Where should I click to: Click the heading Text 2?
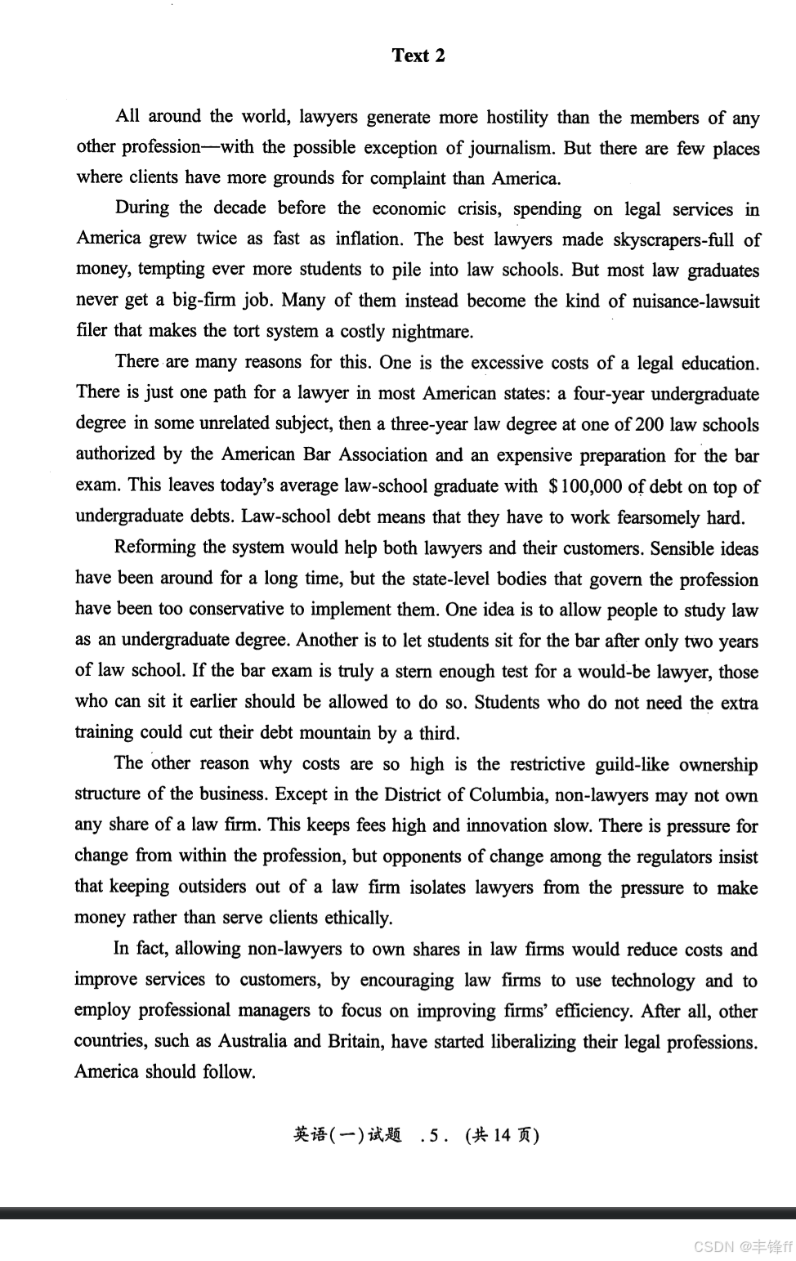point(418,56)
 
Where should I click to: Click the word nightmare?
point(431,332)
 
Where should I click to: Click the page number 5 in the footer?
point(432,1136)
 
